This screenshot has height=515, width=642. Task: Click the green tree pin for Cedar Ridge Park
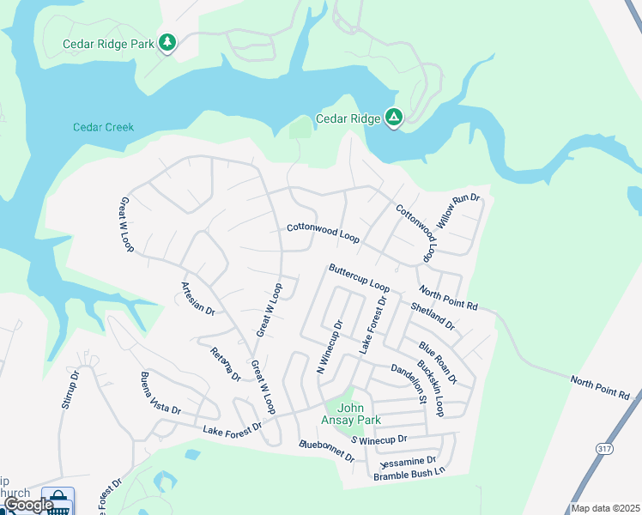click(x=168, y=42)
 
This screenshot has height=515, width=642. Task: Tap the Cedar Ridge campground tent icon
click(x=394, y=118)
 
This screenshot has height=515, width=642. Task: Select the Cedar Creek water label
click(x=103, y=127)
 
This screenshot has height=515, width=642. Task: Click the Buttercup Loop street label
click(x=359, y=277)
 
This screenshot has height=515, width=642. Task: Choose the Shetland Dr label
click(x=433, y=317)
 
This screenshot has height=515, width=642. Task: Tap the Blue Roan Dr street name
click(x=438, y=361)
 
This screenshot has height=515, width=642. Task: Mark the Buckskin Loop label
click(x=429, y=387)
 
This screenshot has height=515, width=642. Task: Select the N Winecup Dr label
click(x=330, y=348)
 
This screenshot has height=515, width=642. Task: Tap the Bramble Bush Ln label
click(x=409, y=473)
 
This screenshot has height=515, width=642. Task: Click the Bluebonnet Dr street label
click(x=326, y=451)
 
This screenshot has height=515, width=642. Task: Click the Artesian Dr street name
click(x=197, y=298)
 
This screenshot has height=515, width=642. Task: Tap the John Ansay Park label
click(x=357, y=414)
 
